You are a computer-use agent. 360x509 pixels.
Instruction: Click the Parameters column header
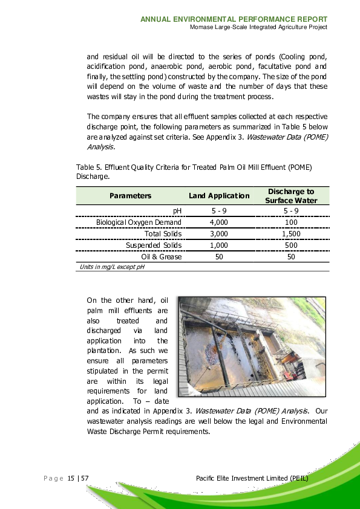click(x=130, y=196)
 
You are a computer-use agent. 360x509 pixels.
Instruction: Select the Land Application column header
click(x=219, y=196)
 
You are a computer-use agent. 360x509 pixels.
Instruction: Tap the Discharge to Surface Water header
click(x=292, y=196)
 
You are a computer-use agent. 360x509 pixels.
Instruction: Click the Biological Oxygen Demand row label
click(x=139, y=222)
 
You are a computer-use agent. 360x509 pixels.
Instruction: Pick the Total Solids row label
click(x=163, y=233)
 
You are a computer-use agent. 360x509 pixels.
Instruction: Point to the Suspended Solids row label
click(x=154, y=245)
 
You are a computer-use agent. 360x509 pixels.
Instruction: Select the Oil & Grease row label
click(x=162, y=256)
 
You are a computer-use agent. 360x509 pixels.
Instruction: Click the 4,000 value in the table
click(x=218, y=222)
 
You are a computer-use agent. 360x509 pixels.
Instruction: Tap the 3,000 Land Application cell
click(x=218, y=233)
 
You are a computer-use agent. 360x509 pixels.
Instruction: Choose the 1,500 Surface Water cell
click(x=291, y=233)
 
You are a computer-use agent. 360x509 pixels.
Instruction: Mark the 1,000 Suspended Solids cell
click(x=218, y=245)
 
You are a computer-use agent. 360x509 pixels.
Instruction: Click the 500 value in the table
click(x=291, y=245)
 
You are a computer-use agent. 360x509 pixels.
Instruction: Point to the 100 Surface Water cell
click(x=291, y=222)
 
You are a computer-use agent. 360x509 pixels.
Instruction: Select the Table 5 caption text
click(x=194, y=171)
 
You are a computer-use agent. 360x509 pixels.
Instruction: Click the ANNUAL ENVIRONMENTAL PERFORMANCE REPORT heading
click(x=234, y=19)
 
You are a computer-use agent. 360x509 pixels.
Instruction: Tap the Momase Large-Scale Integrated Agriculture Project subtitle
click(x=258, y=28)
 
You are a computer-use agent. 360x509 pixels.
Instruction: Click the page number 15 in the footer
click(x=71, y=479)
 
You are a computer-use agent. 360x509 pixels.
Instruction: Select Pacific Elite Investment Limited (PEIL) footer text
click(x=252, y=479)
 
